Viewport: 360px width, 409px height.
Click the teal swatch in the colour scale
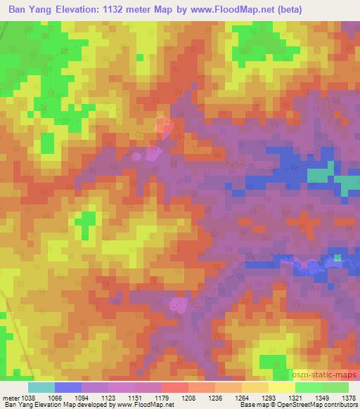point(41,387)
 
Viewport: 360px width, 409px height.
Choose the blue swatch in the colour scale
point(68,387)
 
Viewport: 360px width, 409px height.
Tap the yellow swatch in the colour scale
point(281,387)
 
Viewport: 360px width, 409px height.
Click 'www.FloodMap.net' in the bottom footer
point(150,405)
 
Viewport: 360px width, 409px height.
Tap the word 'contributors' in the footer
point(339,405)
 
